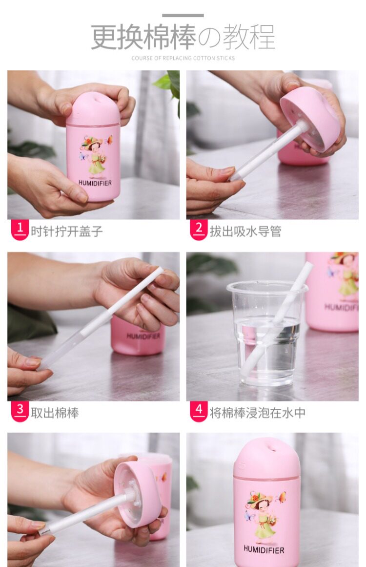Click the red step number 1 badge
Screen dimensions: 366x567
(20, 230)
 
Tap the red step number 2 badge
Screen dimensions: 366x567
(198, 230)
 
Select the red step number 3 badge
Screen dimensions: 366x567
(20, 412)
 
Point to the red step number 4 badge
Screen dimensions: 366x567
(198, 412)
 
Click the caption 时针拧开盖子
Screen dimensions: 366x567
(67, 231)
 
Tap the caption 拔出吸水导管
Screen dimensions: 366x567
(245, 231)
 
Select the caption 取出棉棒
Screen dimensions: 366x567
(55, 413)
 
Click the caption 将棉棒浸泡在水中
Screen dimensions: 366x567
(258, 413)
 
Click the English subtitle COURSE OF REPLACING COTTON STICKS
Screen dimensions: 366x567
(183, 58)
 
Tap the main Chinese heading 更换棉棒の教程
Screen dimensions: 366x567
(183, 37)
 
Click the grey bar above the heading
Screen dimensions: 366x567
(183, 16)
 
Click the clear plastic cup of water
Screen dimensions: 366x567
(266, 333)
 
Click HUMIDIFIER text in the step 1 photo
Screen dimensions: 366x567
(95, 183)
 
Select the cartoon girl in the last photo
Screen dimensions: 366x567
(263, 518)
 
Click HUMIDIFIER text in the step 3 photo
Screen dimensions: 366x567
(143, 336)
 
